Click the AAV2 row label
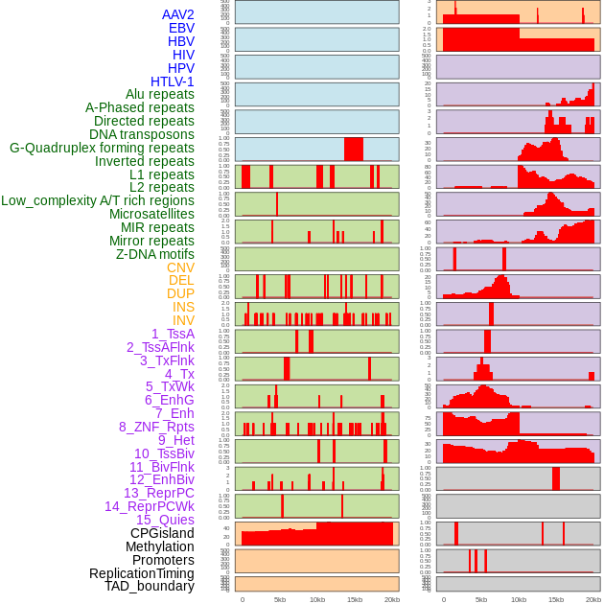[178, 14]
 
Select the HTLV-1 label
[173, 81]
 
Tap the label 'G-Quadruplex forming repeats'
[102, 148]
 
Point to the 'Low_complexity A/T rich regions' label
[98, 200]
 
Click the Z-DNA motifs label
[155, 254]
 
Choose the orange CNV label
[180, 267]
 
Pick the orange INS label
[182, 307]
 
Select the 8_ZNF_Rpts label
[156, 427]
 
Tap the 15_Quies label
[165, 520]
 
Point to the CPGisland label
[162, 533]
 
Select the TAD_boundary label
[150, 586]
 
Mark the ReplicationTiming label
[141, 573]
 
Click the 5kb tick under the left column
[280, 599]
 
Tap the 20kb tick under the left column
[391, 599]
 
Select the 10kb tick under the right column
[519, 599]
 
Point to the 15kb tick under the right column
[556, 599]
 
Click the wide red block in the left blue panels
[354, 150]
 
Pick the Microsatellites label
[151, 214]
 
